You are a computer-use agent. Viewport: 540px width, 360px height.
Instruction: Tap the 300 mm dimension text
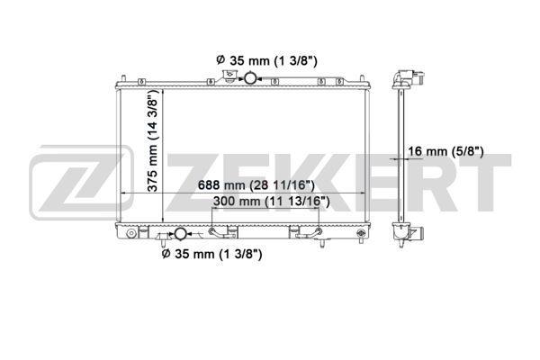point(267,202)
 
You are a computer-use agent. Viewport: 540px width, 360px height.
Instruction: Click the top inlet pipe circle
point(246,79)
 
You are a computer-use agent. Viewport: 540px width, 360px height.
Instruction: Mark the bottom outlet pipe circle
point(179,234)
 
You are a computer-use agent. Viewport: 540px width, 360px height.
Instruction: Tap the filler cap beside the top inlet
point(230,79)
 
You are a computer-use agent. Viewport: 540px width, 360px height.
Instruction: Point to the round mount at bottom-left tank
point(131,236)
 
